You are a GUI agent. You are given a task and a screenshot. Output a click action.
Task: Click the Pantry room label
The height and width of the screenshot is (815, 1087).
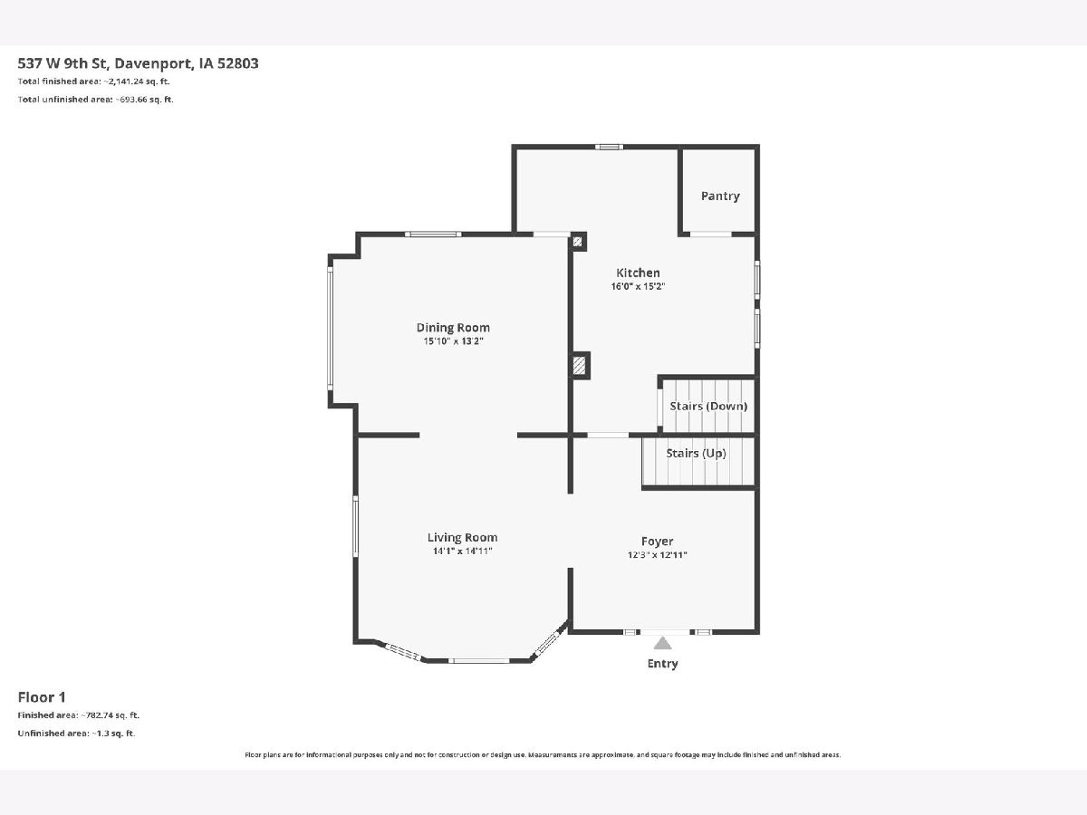(720, 197)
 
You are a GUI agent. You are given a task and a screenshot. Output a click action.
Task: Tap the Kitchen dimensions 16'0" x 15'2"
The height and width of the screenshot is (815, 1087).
(638, 286)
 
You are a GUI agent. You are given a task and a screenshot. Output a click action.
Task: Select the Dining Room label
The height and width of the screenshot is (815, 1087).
(453, 328)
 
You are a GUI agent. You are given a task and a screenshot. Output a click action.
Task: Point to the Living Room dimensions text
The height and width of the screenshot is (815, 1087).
(463, 551)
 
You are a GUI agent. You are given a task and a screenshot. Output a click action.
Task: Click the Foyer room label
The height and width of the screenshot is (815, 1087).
(657, 542)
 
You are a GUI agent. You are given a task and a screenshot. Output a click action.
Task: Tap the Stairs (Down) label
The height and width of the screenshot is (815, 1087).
(708, 407)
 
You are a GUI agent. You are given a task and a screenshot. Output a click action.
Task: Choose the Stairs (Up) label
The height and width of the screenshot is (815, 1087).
(696, 454)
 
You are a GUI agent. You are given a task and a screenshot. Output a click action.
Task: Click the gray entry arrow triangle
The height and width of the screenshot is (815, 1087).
(662, 644)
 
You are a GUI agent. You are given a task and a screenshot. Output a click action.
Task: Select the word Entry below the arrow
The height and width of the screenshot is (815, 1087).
(662, 664)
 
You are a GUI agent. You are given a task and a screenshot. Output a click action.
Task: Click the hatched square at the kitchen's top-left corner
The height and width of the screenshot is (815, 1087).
(577, 242)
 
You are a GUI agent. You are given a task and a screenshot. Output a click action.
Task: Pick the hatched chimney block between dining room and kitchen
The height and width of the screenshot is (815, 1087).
(579, 366)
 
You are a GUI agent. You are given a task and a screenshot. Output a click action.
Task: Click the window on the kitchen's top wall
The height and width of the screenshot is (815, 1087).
(609, 147)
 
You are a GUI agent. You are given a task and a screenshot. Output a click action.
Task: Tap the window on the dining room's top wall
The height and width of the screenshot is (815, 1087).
(433, 234)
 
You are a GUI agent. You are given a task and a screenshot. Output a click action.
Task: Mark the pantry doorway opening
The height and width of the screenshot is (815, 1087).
(711, 234)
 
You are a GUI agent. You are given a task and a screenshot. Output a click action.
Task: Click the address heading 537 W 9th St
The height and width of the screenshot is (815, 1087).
(66, 63)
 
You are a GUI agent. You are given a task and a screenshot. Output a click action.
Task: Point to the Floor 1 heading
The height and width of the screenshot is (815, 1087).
(42, 697)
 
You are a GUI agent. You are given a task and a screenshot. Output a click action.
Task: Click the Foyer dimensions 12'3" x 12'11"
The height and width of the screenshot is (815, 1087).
(657, 555)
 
